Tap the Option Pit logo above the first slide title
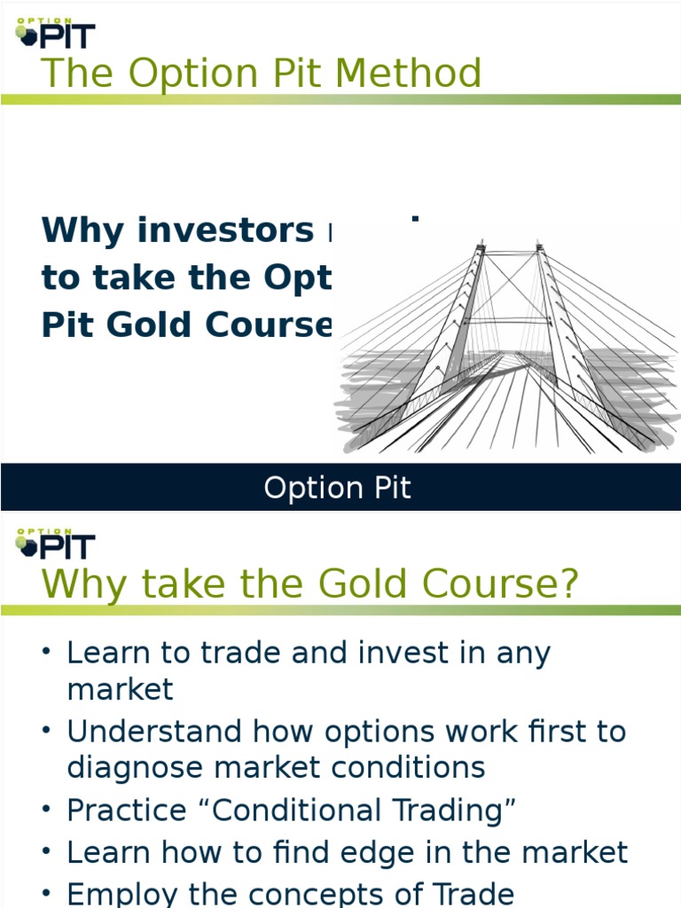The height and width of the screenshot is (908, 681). [x=55, y=33]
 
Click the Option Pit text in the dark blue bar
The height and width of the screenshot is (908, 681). [x=337, y=488]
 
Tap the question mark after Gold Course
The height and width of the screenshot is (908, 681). [x=567, y=583]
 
